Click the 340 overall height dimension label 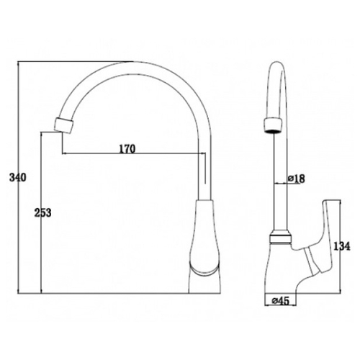(x=17, y=178)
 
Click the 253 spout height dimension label (x=43, y=212)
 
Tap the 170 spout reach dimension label (x=127, y=149)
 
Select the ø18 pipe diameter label (x=296, y=179)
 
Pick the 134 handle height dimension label (x=342, y=246)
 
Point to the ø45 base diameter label (x=281, y=301)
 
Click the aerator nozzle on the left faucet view (x=64, y=125)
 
